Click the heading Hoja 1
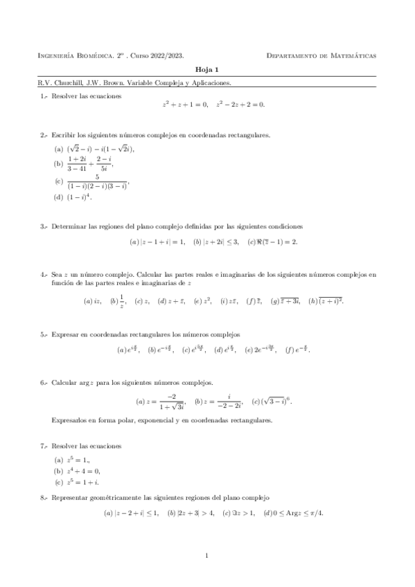tap(206, 70)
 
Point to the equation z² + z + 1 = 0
tap(185, 105)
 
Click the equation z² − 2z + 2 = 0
tap(240, 105)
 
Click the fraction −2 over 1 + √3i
tap(164, 401)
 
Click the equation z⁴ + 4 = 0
tap(82, 471)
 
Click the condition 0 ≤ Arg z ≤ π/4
tap(297, 513)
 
